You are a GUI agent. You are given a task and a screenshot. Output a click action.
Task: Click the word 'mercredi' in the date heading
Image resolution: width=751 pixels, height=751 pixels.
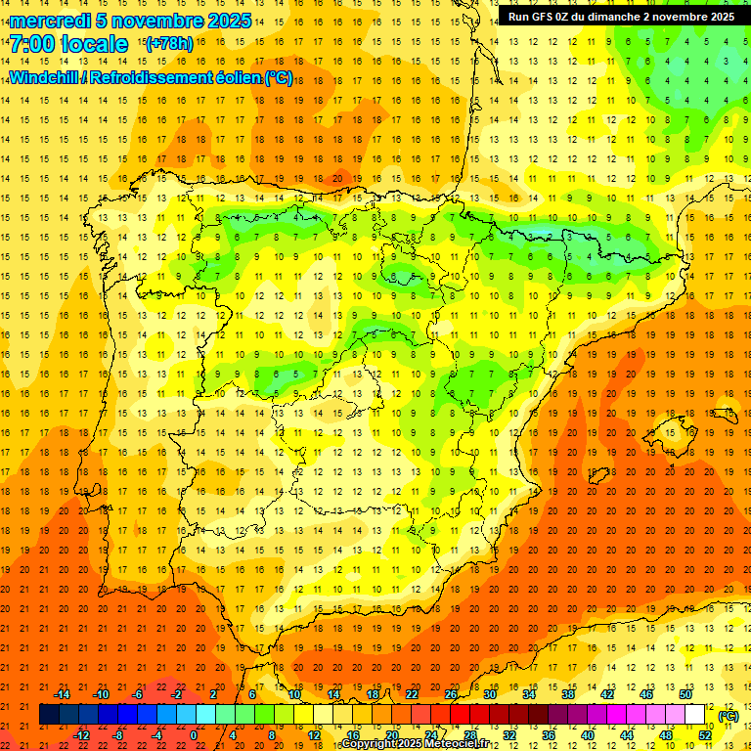click(x=50, y=21)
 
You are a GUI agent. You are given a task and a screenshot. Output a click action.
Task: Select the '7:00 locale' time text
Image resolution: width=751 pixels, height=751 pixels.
click(x=69, y=44)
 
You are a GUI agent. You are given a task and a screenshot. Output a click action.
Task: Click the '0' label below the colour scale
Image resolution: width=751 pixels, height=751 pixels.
click(x=194, y=735)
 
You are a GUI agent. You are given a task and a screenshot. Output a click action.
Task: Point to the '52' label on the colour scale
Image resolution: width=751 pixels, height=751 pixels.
click(x=705, y=735)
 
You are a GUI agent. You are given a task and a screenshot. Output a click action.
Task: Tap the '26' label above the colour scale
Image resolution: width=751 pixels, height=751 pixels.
click(x=451, y=694)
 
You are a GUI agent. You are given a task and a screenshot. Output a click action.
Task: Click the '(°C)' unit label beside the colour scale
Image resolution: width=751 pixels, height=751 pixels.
click(x=728, y=716)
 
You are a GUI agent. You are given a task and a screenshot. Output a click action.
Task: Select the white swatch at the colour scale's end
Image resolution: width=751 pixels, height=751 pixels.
click(x=695, y=715)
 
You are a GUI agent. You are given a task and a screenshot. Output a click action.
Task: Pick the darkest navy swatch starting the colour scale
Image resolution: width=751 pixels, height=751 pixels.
click(x=50, y=715)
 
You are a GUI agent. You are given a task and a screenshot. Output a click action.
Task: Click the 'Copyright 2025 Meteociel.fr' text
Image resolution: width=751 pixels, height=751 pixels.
click(x=420, y=744)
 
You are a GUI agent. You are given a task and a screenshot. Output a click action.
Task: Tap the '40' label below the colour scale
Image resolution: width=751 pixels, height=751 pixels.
click(x=587, y=735)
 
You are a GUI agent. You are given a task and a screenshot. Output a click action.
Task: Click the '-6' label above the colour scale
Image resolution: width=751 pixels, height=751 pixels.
click(x=138, y=694)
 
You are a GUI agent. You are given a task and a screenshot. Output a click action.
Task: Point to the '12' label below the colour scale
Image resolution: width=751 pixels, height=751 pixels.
click(x=314, y=735)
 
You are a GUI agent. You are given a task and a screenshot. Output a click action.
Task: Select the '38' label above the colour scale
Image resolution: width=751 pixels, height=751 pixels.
click(x=568, y=694)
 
